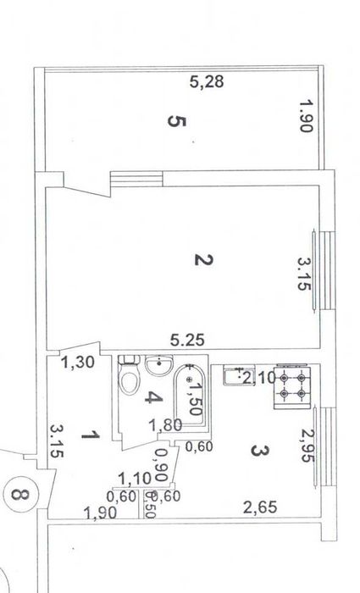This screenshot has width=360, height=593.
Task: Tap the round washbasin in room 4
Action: [159, 365]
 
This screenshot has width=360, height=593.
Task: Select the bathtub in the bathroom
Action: [190, 396]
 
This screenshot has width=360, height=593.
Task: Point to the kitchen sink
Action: [239, 375]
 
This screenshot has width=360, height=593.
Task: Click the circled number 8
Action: [20, 494]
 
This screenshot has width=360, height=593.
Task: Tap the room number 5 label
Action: [176, 121]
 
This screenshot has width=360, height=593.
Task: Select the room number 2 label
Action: [204, 260]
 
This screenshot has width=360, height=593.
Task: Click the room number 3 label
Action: [260, 451]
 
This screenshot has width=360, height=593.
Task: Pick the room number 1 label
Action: [91, 435]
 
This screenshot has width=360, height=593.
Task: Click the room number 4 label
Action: [154, 397]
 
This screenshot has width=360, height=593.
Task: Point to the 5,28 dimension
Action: [207, 81]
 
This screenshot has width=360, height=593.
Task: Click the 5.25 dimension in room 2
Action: [187, 341]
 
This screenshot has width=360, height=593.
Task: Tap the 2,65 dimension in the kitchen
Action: [260, 507]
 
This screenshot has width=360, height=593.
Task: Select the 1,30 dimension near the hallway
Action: [78, 363]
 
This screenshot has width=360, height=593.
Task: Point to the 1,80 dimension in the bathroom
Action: [165, 425]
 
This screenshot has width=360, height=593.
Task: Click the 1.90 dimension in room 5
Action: [307, 116]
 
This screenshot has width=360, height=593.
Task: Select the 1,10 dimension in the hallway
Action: [135, 479]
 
